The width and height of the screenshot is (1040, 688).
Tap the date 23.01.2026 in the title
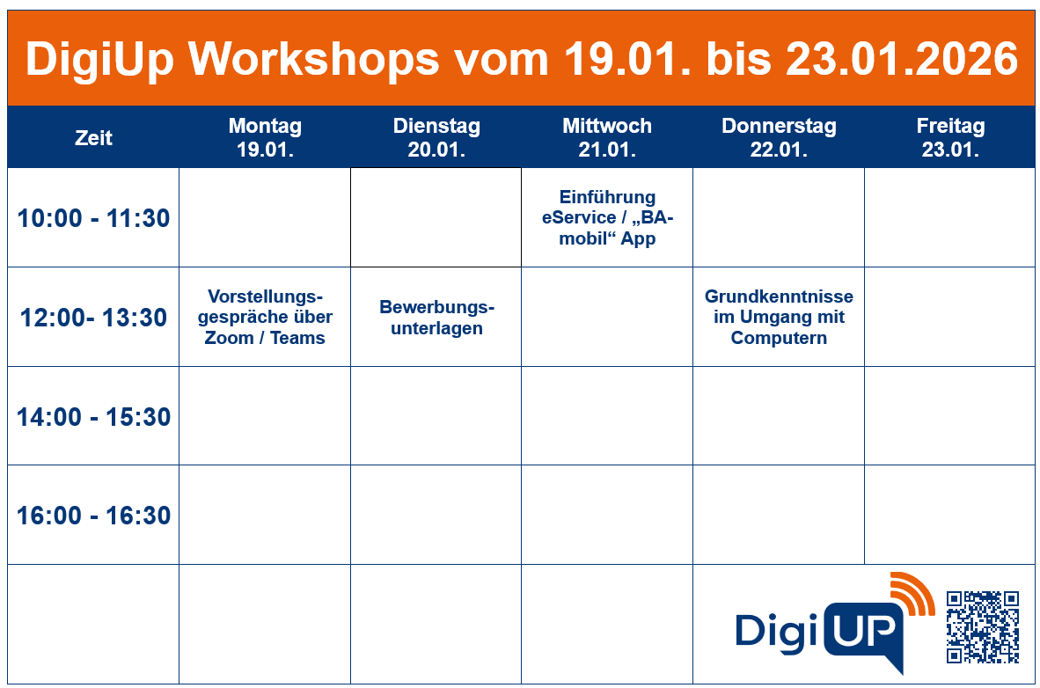pyautogui.click(x=902, y=60)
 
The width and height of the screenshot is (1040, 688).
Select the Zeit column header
pyautogui.click(x=93, y=137)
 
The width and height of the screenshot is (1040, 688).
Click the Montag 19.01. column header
pyautogui.click(x=265, y=137)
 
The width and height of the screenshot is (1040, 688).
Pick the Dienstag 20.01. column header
pyautogui.click(x=436, y=137)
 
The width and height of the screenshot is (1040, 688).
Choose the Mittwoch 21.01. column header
pyautogui.click(x=607, y=137)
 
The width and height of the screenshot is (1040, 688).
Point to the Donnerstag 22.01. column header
pyautogui.click(x=779, y=137)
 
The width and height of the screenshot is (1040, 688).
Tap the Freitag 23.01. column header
pyautogui.click(x=950, y=137)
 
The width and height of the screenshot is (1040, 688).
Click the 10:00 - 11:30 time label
pyautogui.click(x=93, y=218)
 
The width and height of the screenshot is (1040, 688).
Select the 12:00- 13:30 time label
pyautogui.click(x=93, y=318)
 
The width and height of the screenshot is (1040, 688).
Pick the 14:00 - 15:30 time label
pyautogui.click(x=93, y=417)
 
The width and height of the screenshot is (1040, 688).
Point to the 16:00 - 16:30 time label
pyautogui.click(x=93, y=516)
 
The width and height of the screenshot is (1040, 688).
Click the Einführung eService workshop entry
pyautogui.click(x=607, y=217)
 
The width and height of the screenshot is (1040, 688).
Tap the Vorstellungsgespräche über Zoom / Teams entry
pyautogui.click(x=265, y=317)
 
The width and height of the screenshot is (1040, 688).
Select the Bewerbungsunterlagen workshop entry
pyautogui.click(x=436, y=318)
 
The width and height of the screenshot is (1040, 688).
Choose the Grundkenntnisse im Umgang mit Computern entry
pyautogui.click(x=779, y=317)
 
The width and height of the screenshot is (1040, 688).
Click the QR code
pyautogui.click(x=983, y=626)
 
